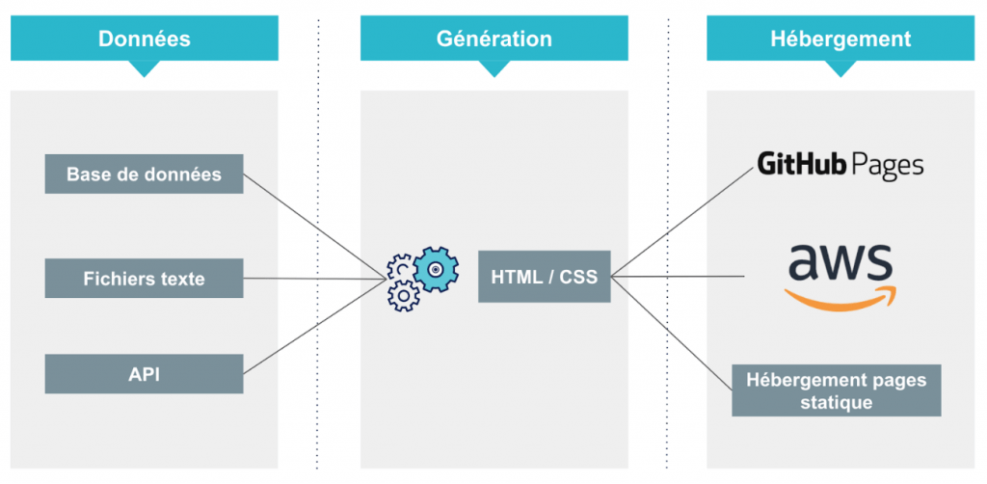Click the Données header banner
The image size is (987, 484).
pyautogui.click(x=145, y=39)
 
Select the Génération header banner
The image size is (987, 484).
pyautogui.click(x=493, y=39)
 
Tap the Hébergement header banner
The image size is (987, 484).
pyautogui.click(x=840, y=39)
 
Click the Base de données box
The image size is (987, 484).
pyautogui.click(x=144, y=175)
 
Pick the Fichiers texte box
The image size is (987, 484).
pyautogui.click(x=144, y=279)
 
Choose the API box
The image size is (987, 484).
pyautogui.click(x=144, y=374)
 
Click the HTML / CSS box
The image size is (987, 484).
pyautogui.click(x=544, y=278)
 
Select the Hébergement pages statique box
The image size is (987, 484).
pyautogui.click(x=836, y=390)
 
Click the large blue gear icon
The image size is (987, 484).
pyautogui.click(x=436, y=268)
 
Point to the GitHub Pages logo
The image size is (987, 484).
pyautogui.click(x=840, y=166)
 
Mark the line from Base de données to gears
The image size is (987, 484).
pyautogui.click(x=313, y=226)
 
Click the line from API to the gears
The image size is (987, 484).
pyautogui.click(x=313, y=325)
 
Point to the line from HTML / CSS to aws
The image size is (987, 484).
pyautogui.click(x=680, y=277)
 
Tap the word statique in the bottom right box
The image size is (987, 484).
pyautogui.click(x=836, y=402)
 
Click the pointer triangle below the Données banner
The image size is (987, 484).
pyautogui.click(x=145, y=68)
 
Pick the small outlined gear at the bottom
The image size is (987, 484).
pyautogui.click(x=402, y=296)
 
